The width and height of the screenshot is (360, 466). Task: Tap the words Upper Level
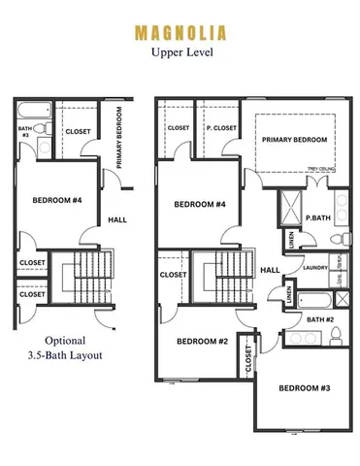(x=180, y=53)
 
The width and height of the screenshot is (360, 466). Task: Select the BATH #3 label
(x=25, y=131)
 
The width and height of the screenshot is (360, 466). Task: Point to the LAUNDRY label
(x=314, y=267)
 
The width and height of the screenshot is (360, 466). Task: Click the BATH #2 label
(x=320, y=318)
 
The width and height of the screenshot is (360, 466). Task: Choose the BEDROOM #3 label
(x=304, y=388)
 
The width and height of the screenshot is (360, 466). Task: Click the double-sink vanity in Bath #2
(x=301, y=337)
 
